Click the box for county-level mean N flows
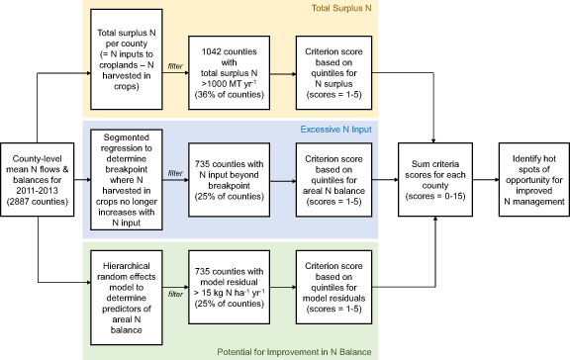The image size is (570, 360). [36, 178]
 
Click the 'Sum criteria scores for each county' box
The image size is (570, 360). [433, 178]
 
